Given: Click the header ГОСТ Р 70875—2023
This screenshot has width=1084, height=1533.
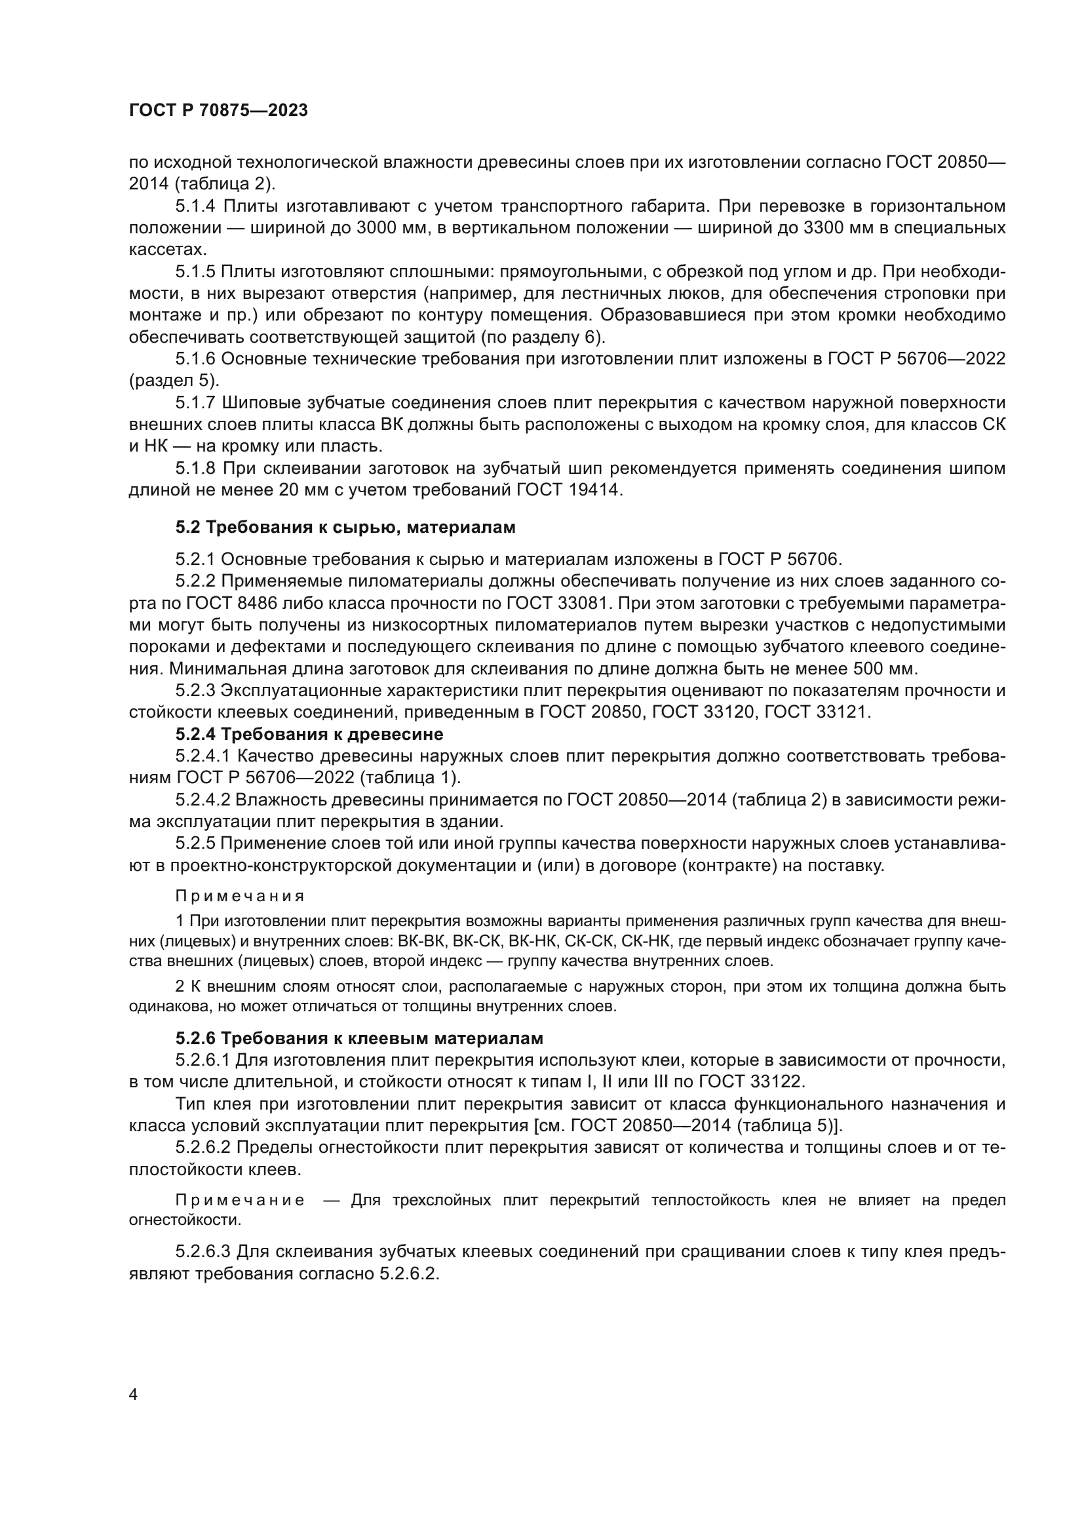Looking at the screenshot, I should (x=218, y=111).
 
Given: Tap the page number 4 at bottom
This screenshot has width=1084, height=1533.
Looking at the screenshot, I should (x=134, y=1395).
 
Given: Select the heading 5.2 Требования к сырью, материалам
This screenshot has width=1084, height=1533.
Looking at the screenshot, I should (x=345, y=528).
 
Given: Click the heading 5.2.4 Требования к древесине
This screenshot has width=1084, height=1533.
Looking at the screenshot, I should (x=309, y=735).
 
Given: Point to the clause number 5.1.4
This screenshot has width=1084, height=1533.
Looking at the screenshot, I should (x=195, y=206).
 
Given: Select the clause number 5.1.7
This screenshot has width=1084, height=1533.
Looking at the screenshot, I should (x=195, y=403).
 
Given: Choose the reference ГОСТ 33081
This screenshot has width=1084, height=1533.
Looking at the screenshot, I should (x=556, y=604).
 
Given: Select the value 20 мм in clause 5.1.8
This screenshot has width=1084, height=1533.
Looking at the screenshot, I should (x=323, y=491).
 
